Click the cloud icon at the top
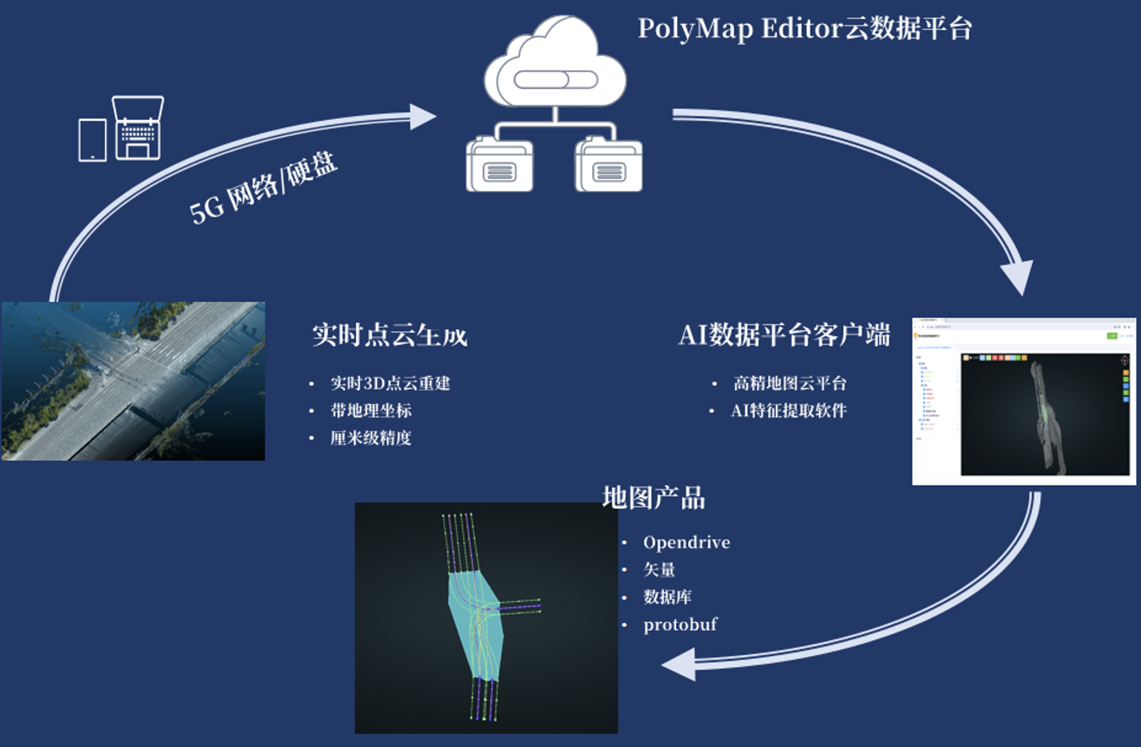point(555,63)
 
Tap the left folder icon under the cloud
point(500,165)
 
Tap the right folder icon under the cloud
point(609,165)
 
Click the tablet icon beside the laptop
point(93,140)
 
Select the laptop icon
point(138,128)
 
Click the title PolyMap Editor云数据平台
point(804,28)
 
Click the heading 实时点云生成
point(389,335)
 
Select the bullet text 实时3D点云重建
point(390,383)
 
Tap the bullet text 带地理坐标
point(371,410)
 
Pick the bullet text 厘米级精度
point(370,438)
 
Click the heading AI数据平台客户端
point(784,335)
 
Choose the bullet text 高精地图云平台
point(789,383)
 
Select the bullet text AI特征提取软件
point(788,410)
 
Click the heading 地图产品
point(653,498)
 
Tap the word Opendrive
point(686,542)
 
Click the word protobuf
point(680,624)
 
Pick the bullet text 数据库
point(668,597)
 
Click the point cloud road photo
point(133,381)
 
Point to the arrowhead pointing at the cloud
point(423,117)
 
